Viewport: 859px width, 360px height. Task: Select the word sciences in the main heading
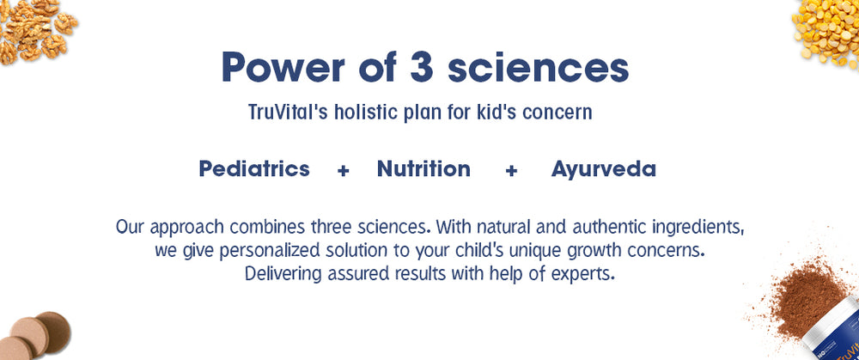pyautogui.click(x=539, y=67)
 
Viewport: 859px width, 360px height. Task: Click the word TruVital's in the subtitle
pyautogui.click(x=288, y=112)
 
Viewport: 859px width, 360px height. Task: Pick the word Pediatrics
pyautogui.click(x=254, y=168)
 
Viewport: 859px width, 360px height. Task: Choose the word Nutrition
pyautogui.click(x=423, y=168)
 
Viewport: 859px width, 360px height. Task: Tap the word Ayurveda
pyautogui.click(x=603, y=169)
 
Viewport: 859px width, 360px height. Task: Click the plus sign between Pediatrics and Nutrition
pyautogui.click(x=344, y=171)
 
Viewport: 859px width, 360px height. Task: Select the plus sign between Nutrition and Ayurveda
pyautogui.click(x=511, y=171)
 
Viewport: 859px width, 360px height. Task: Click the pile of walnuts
pyautogui.click(x=36, y=30)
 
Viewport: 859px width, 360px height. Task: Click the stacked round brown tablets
pyautogui.click(x=34, y=336)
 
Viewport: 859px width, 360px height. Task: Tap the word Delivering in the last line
pyautogui.click(x=283, y=273)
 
